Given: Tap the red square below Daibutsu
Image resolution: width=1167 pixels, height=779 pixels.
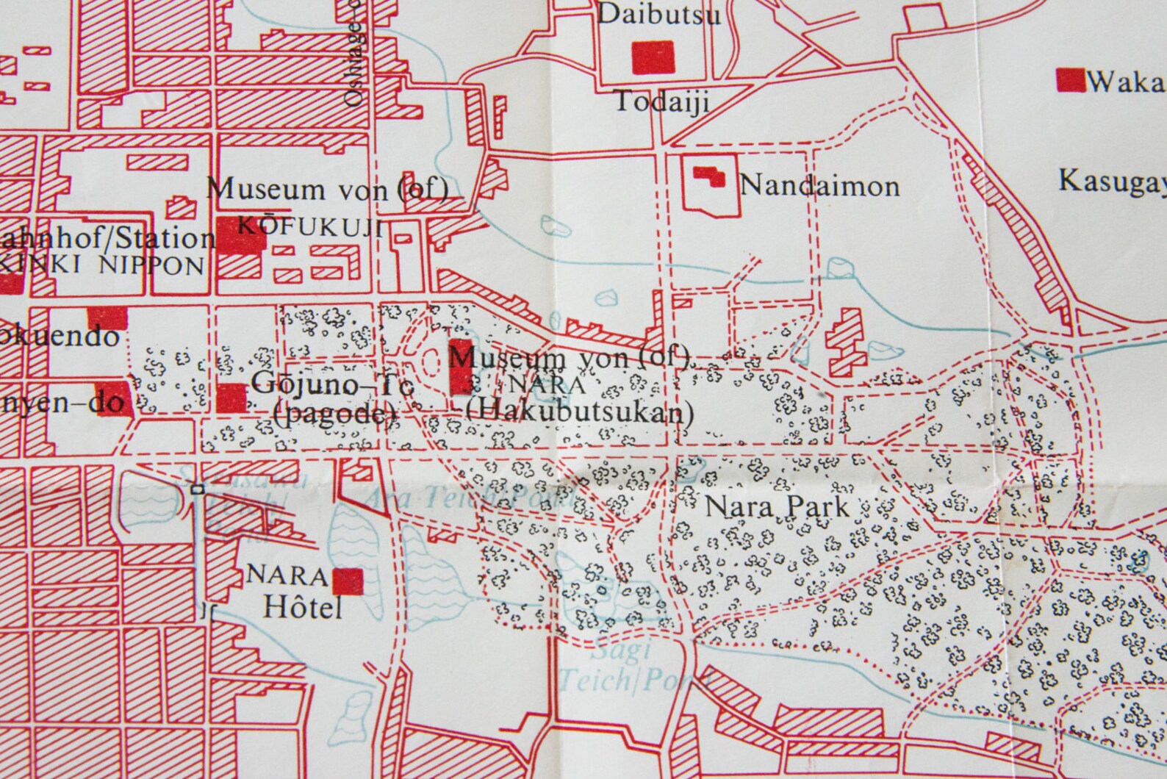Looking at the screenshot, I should pos(653,57).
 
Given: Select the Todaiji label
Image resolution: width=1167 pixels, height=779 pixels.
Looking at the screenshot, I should pos(661,101).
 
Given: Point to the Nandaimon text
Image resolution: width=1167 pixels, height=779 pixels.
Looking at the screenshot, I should pos(819,185).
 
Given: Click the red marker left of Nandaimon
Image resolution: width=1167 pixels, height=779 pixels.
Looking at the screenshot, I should pos(710,176).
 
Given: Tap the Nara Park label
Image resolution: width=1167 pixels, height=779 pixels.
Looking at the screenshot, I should pos(776,506).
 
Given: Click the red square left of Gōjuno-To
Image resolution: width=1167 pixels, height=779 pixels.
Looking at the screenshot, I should pos(232,398).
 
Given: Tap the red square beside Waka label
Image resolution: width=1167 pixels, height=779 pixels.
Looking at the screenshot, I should pos(1070,80).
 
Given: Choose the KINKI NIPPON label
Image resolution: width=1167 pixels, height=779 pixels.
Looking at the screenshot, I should pos(103,265).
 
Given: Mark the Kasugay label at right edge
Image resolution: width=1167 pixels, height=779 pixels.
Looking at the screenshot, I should pos(1112,181).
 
